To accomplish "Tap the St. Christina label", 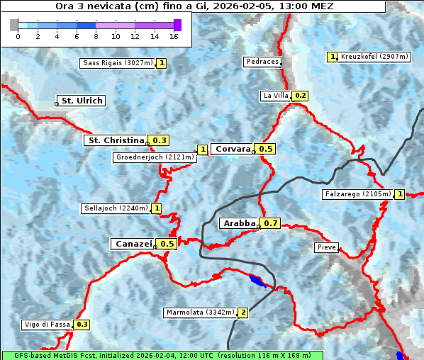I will (116, 140).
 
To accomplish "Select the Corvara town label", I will (233, 149).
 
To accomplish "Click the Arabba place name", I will (239, 223).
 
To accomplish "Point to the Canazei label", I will (133, 243).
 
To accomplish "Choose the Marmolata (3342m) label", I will (200, 312).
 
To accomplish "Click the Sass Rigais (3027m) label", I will (118, 63).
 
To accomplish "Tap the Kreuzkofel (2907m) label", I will (374, 57).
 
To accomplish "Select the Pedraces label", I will (262, 62).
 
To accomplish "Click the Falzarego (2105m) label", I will (357, 193).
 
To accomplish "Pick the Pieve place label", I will (327, 248).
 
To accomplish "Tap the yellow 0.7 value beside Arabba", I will (271, 223).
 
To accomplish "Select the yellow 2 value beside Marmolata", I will (243, 312).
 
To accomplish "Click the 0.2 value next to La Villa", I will (301, 95).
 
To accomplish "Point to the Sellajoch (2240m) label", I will (116, 208).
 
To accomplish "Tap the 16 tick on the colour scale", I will (174, 35).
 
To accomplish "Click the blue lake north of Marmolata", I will (257, 281).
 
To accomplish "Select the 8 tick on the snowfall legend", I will (96, 35).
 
